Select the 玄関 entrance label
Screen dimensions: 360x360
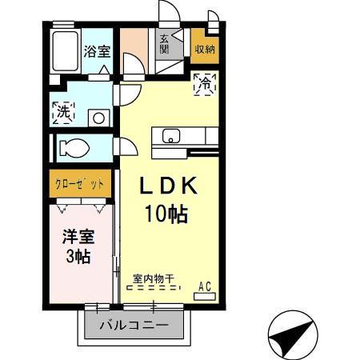[x=164, y=44]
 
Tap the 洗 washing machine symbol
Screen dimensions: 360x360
[x=63, y=113]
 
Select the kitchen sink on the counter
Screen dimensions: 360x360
[x=172, y=135]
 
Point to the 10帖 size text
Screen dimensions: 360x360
[x=166, y=213]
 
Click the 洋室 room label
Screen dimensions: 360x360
[x=78, y=237]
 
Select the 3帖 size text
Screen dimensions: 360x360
[x=78, y=257]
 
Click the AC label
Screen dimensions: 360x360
[x=204, y=283]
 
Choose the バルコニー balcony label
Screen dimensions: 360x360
[x=134, y=326]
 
